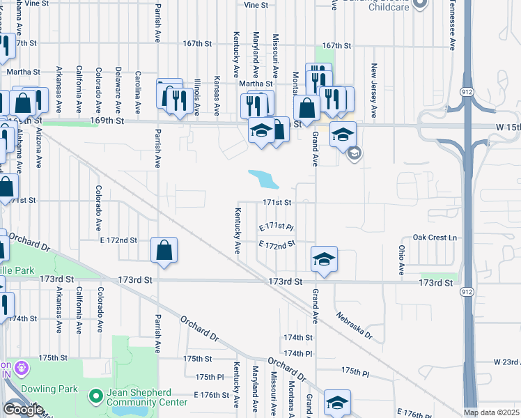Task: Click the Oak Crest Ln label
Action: click(x=435, y=238)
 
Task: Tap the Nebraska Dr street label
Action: click(x=353, y=325)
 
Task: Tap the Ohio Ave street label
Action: click(x=401, y=259)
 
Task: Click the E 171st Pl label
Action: click(x=277, y=227)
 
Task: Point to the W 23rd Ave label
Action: click(x=506, y=362)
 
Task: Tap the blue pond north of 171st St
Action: click(x=263, y=180)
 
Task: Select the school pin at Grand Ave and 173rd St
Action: click(x=324, y=260)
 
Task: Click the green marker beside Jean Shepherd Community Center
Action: click(x=97, y=396)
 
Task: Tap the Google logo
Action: click(x=23, y=410)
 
